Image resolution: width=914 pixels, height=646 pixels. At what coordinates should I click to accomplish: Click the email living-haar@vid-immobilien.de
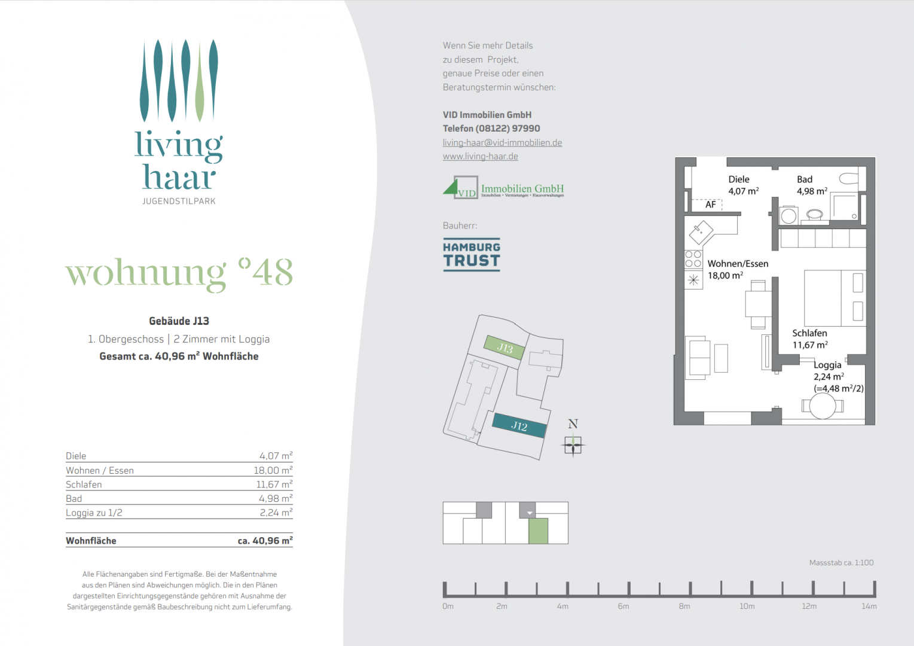click(502, 142)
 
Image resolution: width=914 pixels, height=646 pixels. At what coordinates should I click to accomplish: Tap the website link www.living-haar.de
click(480, 156)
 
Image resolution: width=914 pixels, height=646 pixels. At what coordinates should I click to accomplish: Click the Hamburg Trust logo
click(472, 255)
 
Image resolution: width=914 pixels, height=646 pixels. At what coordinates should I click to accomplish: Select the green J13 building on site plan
click(505, 348)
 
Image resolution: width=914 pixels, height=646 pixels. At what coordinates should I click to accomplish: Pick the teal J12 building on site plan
click(519, 426)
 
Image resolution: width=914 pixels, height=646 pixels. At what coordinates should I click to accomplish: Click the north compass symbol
click(573, 444)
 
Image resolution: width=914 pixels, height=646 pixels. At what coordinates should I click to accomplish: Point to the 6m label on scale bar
click(623, 606)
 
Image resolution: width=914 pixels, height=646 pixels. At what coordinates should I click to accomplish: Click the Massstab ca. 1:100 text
click(841, 562)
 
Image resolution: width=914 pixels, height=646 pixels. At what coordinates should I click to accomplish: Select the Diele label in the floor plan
click(739, 179)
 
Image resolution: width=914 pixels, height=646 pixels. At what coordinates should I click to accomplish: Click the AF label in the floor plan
click(710, 205)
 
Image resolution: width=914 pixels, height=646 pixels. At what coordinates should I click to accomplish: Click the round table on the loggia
click(823, 407)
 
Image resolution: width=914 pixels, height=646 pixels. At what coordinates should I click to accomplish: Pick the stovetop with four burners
click(693, 259)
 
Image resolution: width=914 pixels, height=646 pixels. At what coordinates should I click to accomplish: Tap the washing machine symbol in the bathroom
click(788, 216)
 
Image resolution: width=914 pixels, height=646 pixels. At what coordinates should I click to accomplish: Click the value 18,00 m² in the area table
click(273, 470)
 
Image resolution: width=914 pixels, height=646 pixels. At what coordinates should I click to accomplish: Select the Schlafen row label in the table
click(84, 484)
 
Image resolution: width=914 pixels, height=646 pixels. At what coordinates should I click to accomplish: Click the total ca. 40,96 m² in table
click(265, 541)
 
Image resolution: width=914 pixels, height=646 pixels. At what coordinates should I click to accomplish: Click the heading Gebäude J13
click(179, 321)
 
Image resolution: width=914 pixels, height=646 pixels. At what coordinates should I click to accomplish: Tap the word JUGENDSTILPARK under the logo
click(179, 201)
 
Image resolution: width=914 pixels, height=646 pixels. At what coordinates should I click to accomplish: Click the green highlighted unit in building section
click(538, 531)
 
